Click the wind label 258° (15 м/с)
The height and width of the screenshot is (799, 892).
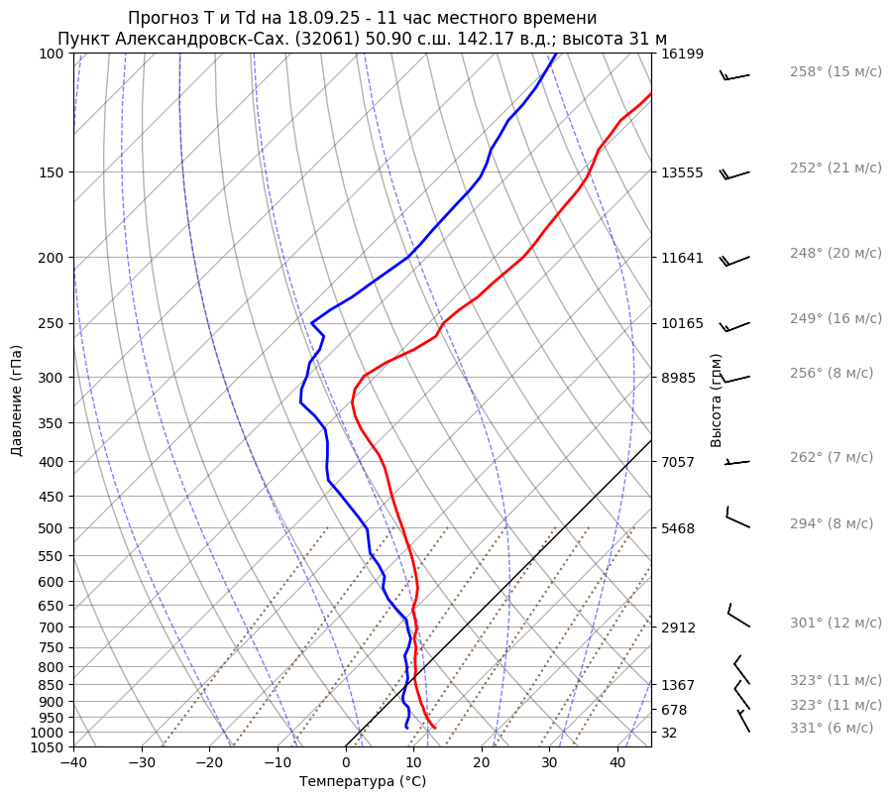click(x=835, y=72)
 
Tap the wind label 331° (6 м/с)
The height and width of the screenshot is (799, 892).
click(x=832, y=728)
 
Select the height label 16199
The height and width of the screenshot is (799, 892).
click(x=682, y=54)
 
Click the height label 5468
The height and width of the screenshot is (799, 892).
click(x=678, y=528)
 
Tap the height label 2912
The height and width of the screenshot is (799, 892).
click(x=678, y=628)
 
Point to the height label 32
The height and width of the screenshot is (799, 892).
click(x=669, y=733)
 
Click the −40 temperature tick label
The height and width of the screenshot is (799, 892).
click(x=73, y=763)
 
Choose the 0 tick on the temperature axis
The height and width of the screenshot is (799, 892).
click(x=346, y=763)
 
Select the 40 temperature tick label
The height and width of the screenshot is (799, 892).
click(x=617, y=763)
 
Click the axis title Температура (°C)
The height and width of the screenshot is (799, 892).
click(x=363, y=782)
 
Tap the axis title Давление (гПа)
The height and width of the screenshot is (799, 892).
click(x=17, y=400)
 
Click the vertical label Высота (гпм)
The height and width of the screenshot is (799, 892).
click(x=717, y=400)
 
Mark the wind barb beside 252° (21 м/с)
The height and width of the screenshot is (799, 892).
click(x=735, y=174)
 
